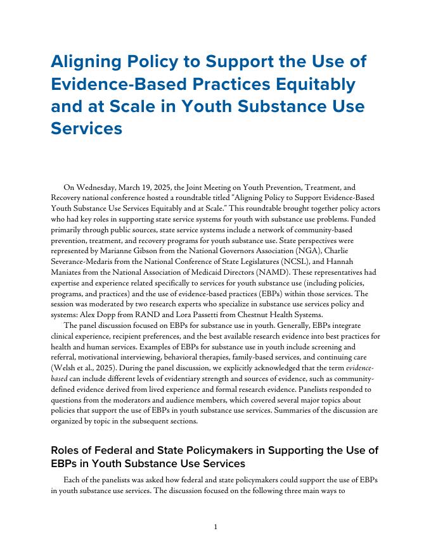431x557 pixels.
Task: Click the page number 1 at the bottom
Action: [x=215, y=527]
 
